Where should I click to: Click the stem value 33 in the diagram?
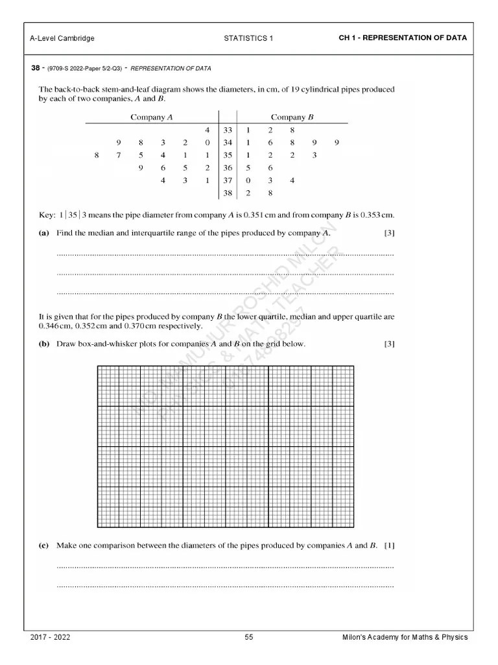pos(228,130)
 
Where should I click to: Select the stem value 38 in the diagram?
pos(228,193)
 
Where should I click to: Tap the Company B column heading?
pos(292,117)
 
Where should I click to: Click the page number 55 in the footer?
pos(249,638)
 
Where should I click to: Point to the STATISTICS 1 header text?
pos(248,38)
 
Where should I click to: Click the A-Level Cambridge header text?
pos(62,38)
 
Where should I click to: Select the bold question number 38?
pos(35,68)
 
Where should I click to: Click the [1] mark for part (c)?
pos(389,546)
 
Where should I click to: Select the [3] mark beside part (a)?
pos(389,232)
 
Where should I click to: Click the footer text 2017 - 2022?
pos(51,638)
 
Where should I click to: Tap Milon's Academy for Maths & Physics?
pos(405,638)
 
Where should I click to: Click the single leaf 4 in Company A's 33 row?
pos(207,130)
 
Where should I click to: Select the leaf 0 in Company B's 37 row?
pos(248,181)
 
